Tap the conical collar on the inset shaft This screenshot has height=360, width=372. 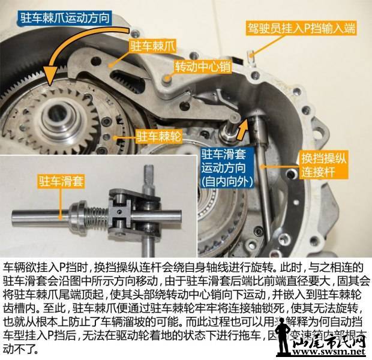[x=76, y=212]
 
